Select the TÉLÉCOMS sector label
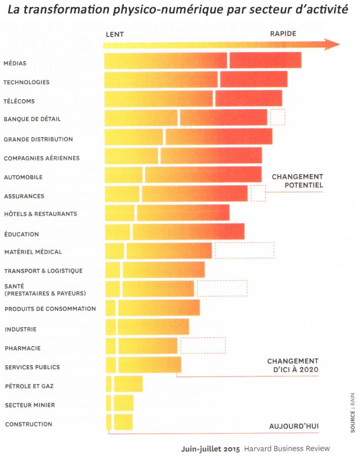(x=19, y=101)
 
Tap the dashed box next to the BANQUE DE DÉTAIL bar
(x=277, y=117)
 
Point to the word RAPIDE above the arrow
(x=283, y=34)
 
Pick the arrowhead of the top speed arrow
(x=334, y=45)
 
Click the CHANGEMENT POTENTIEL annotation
(x=297, y=181)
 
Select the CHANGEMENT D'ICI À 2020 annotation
(x=292, y=365)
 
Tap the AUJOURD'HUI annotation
(x=293, y=426)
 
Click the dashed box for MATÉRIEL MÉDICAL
(x=244, y=250)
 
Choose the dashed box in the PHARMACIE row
(x=203, y=345)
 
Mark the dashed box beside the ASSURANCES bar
(x=258, y=193)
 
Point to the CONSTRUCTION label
(x=28, y=424)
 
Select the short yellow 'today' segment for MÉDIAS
(x=165, y=60)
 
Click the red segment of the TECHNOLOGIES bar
(x=254, y=79)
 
